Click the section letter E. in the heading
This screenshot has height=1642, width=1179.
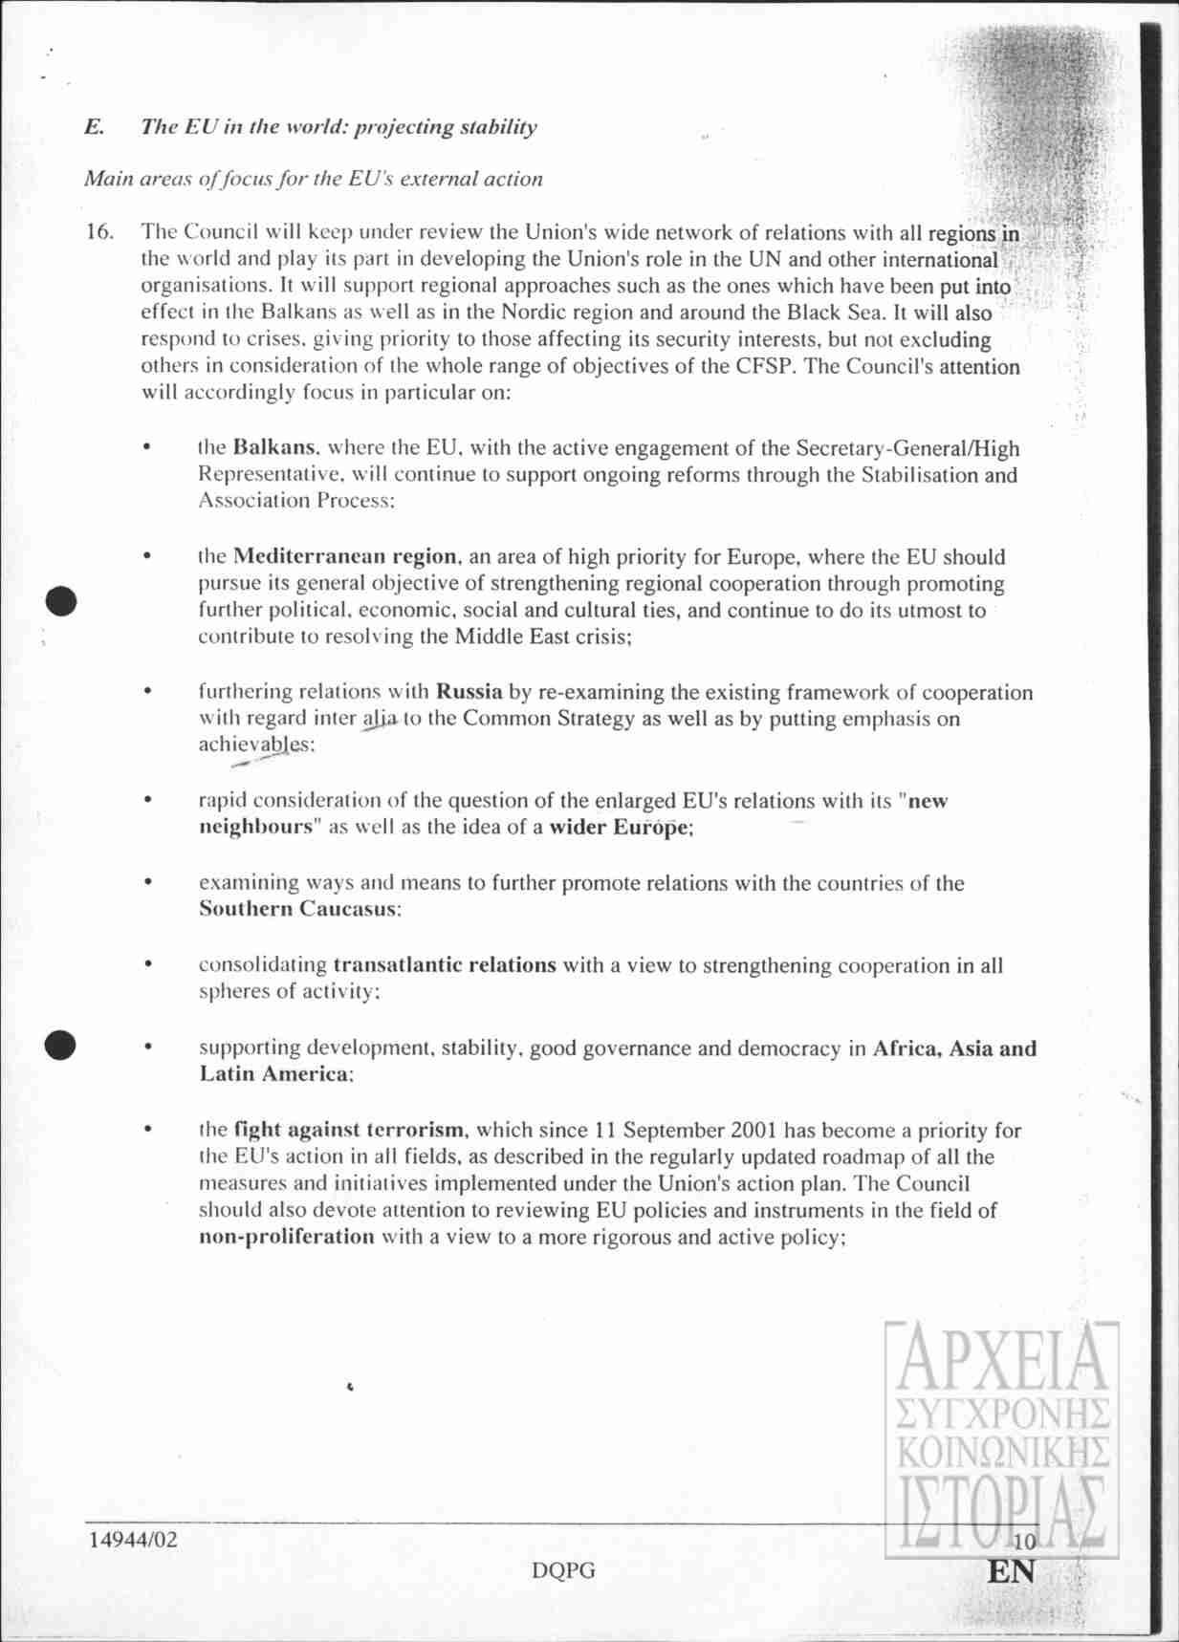[x=94, y=127]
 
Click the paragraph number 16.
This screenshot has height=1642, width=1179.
[x=99, y=232]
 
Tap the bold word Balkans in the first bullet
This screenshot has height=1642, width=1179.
[x=274, y=447]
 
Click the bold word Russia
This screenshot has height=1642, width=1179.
[x=469, y=692]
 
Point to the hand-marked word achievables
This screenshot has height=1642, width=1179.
[x=254, y=745]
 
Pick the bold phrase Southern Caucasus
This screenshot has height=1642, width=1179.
[x=297, y=909]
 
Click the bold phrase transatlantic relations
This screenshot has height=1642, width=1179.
[x=445, y=964]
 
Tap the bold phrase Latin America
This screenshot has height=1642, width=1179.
[x=274, y=1073]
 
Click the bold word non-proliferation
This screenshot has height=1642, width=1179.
[x=287, y=1237]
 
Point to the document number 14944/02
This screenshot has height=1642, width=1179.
[x=133, y=1540]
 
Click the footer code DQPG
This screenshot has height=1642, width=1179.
[x=564, y=1570]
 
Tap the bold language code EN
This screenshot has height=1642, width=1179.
[x=1011, y=1572]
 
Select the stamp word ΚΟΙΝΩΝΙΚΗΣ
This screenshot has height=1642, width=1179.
[x=1001, y=1451]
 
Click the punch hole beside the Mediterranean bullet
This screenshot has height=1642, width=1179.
[x=62, y=602]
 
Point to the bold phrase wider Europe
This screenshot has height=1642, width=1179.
[x=619, y=828]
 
